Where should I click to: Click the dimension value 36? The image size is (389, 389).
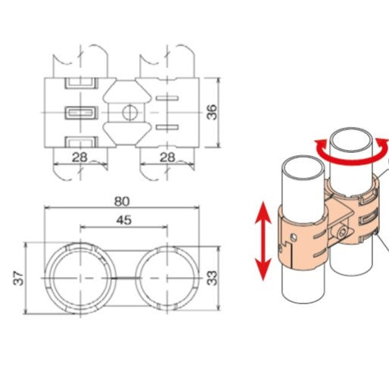tap(213, 112)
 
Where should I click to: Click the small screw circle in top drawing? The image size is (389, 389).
tap(126, 113)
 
